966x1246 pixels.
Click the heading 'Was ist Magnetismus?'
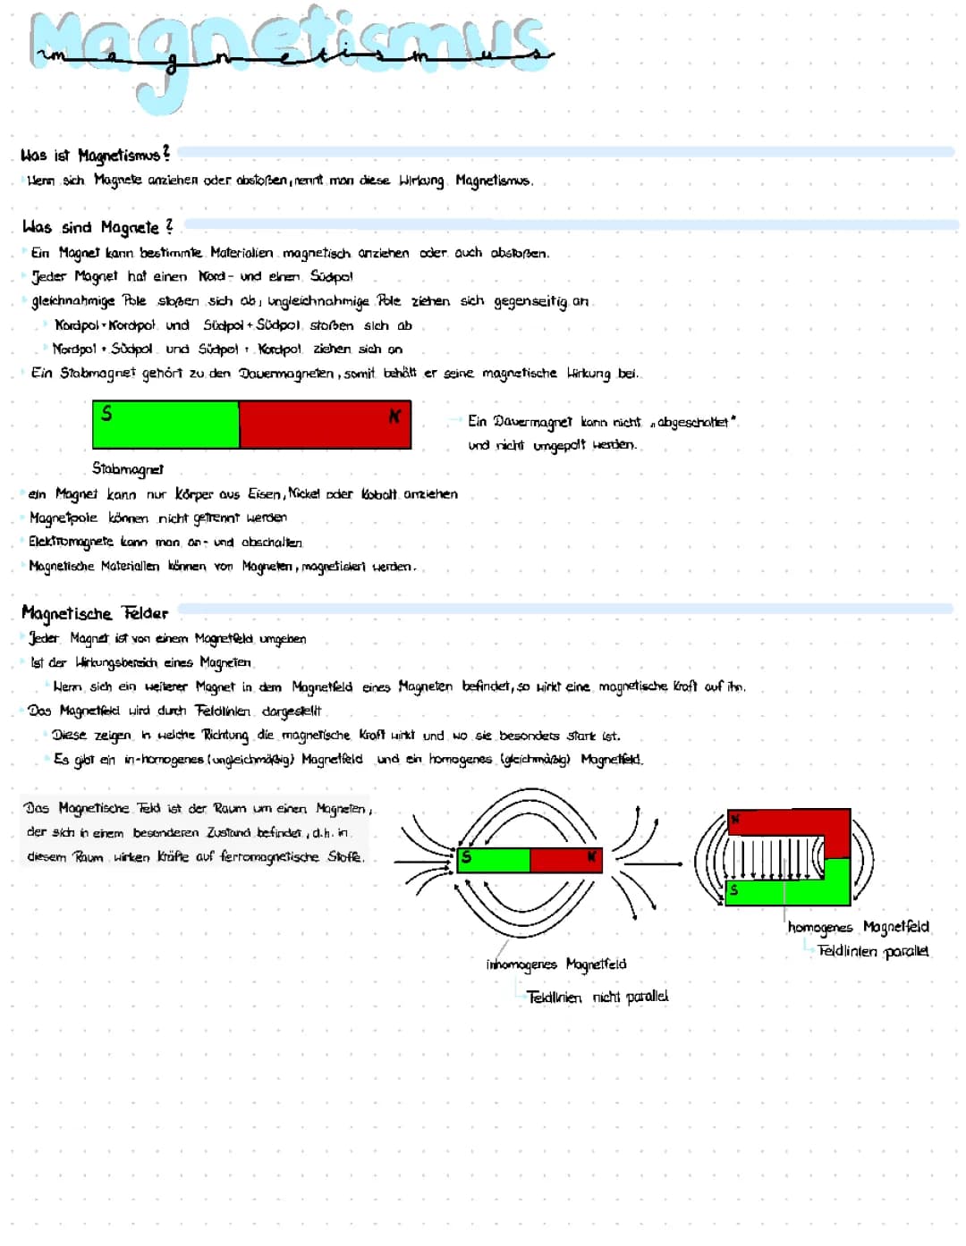tap(95, 156)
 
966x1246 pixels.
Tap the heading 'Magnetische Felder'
tap(95, 613)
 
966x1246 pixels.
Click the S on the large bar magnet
tap(106, 414)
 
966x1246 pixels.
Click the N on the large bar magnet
tap(394, 417)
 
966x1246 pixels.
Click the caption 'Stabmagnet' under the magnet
tap(128, 468)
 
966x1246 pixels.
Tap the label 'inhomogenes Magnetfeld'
tap(555, 964)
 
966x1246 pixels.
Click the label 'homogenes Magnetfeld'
tap(859, 927)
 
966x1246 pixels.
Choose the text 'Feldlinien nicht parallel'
tap(597, 997)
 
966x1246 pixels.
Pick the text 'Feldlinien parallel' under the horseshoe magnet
tap(873, 951)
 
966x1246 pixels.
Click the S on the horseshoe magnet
tap(734, 889)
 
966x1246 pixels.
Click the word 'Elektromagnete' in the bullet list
tap(71, 542)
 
